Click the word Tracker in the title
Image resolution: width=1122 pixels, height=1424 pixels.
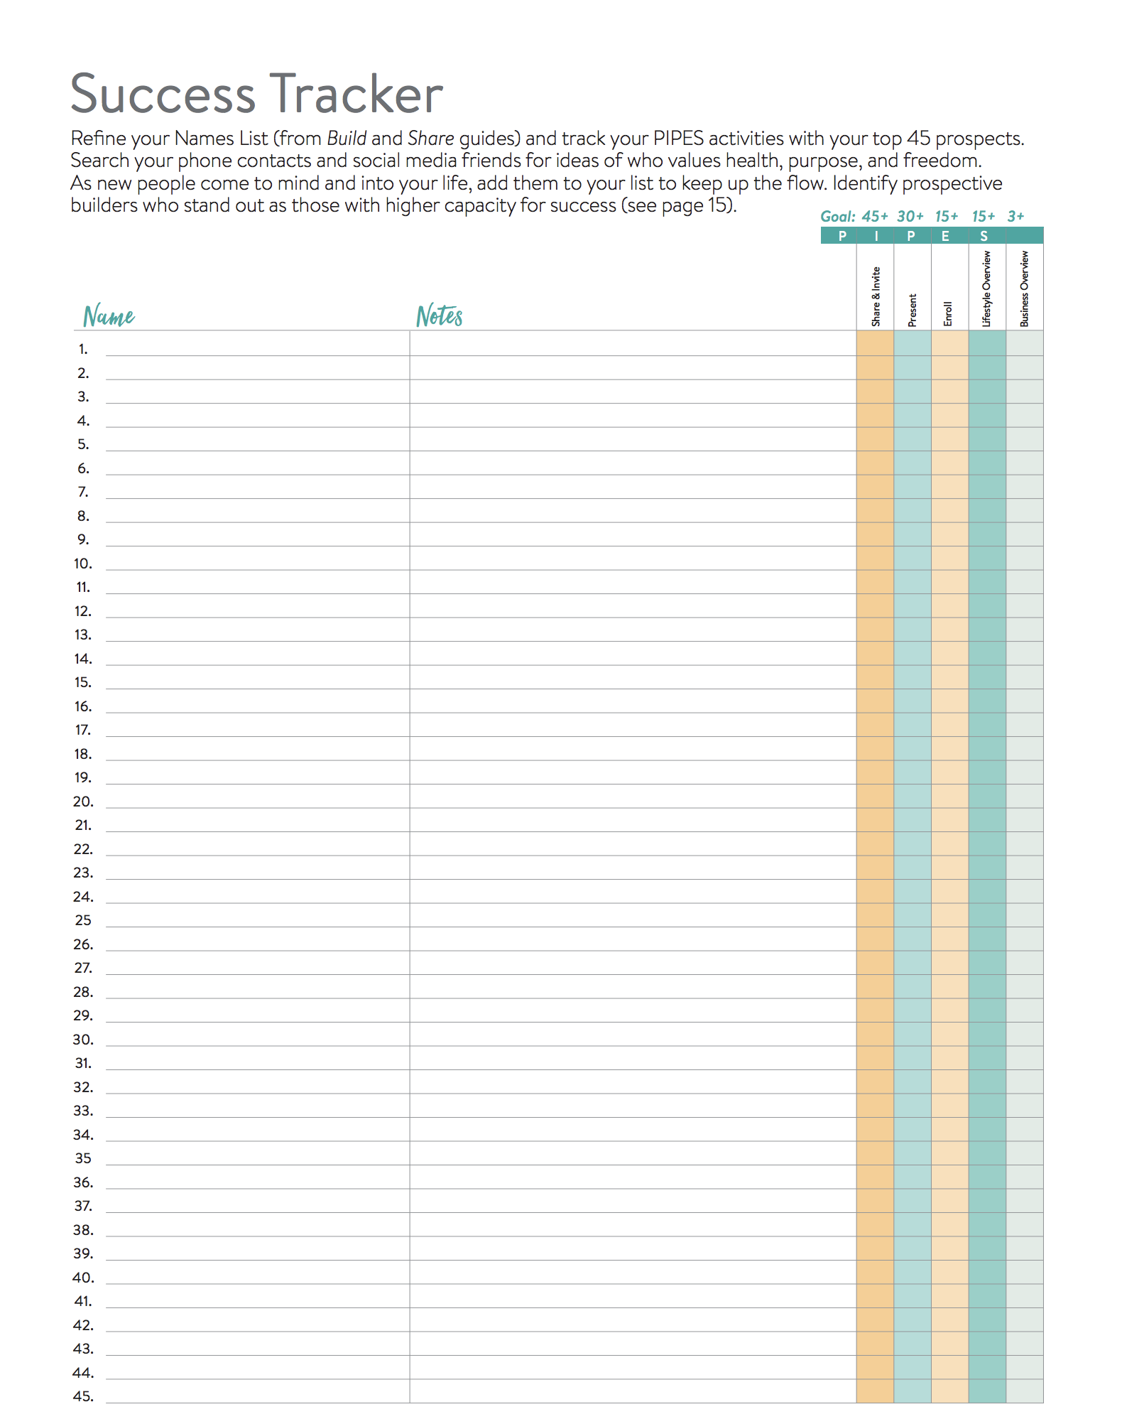tap(356, 95)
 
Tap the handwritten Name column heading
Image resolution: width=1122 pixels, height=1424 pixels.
tap(109, 315)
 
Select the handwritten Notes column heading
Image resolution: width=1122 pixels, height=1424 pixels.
tap(440, 315)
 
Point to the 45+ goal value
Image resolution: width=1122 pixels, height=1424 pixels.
tap(875, 217)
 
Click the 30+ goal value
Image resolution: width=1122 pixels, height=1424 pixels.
tap(910, 217)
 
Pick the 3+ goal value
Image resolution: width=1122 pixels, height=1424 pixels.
tap(1015, 217)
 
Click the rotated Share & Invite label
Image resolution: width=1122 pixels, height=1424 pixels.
tap(876, 297)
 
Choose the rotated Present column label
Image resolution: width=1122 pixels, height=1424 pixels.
tap(913, 311)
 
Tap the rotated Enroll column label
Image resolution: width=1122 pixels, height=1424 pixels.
tap(948, 314)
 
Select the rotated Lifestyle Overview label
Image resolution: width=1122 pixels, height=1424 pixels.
tap(986, 288)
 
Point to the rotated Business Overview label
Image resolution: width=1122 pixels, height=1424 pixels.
tap(1024, 288)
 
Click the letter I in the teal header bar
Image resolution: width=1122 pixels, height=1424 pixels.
tap(876, 236)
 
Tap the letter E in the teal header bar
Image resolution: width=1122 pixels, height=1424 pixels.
tap(945, 236)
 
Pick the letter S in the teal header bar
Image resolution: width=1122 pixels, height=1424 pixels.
tap(984, 236)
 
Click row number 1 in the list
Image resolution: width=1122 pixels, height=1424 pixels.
tap(83, 350)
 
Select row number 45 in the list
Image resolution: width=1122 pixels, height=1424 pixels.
tap(83, 1396)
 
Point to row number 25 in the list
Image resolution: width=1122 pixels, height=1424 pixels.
tap(83, 920)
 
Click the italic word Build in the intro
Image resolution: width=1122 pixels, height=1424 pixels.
tap(347, 139)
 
